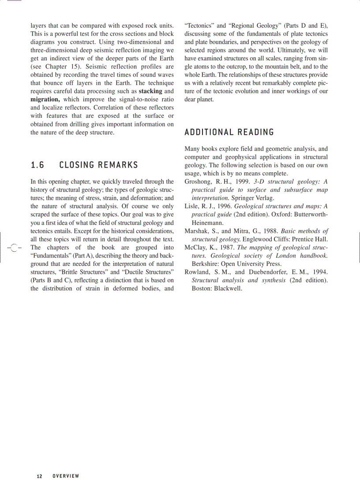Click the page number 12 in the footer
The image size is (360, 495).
[x=40, y=476]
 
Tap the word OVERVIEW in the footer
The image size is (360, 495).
[x=66, y=476]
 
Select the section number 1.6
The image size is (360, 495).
[x=37, y=165]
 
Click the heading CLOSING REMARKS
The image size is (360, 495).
[x=98, y=165]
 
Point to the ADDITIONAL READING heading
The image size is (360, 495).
[x=229, y=132]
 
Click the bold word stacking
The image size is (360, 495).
[x=150, y=91]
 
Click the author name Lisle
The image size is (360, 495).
[x=192, y=206]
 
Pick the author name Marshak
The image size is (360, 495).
[x=197, y=231]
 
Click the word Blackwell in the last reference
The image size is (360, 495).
[x=228, y=288]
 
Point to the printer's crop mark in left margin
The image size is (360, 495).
[x=14, y=248]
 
